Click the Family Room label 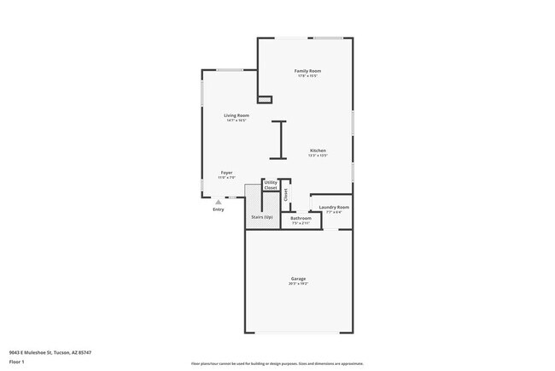point(307,70)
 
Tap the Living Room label point(237,115)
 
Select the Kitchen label point(318,151)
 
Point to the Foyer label point(226,173)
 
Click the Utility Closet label point(271,185)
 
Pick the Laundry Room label point(334,208)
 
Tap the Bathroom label point(301,218)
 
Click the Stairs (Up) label point(262,217)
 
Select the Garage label point(298,279)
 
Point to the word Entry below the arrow point(219,210)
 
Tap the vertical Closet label point(285,194)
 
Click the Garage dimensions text point(298,284)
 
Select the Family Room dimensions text point(307,76)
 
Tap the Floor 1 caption point(17,362)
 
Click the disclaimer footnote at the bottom point(277,363)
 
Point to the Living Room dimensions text point(237,121)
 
